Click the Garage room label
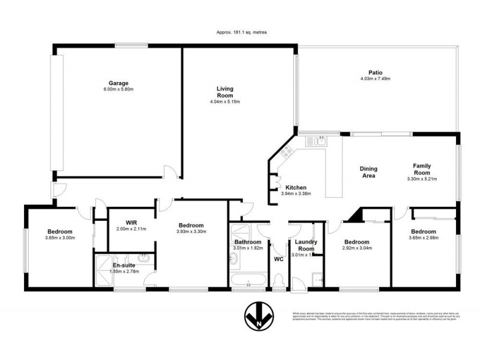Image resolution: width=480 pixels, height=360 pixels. [118, 83]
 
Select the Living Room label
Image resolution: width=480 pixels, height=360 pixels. [225, 92]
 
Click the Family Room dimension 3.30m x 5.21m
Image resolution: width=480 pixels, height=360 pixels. [422, 179]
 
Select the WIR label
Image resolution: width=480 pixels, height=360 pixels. [132, 223]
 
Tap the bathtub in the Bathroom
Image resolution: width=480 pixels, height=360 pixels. [247, 280]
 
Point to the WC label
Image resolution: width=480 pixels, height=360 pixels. [278, 260]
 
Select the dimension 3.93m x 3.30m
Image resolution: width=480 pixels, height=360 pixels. [191, 232]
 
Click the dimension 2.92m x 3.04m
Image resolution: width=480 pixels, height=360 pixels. [356, 247]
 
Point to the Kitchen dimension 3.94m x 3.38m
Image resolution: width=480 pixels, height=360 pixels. [296, 193]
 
